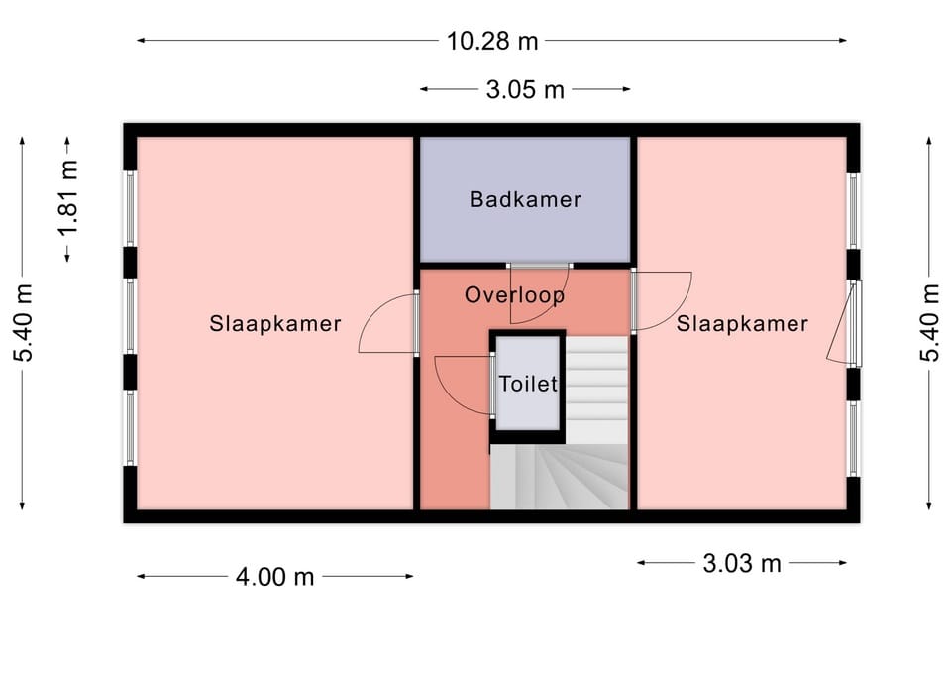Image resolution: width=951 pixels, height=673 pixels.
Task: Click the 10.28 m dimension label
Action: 492,41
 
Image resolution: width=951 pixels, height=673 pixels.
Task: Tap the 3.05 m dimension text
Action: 525,90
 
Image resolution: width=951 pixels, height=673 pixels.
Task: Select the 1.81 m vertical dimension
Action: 67,199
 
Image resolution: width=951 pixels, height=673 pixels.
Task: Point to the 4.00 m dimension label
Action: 274,577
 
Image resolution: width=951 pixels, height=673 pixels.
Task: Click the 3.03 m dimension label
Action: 742,563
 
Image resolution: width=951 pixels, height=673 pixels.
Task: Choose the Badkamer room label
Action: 525,199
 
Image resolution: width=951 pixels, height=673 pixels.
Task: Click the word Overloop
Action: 515,295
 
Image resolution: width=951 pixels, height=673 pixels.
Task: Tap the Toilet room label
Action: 528,384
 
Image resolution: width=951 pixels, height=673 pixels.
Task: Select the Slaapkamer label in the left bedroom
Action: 275,323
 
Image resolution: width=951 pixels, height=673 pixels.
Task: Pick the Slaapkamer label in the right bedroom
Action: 742,323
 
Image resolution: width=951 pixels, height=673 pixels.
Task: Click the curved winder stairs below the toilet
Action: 559,477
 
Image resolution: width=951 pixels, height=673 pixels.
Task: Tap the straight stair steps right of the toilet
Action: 596,390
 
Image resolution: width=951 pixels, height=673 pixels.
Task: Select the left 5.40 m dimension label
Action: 23,322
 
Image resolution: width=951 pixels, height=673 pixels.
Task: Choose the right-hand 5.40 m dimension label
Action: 929,322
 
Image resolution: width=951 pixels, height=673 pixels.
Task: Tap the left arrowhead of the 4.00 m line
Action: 142,577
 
